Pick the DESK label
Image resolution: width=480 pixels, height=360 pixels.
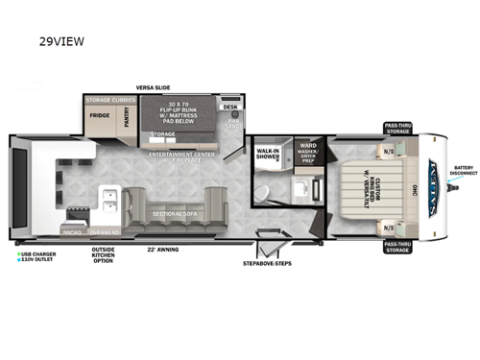[230, 107]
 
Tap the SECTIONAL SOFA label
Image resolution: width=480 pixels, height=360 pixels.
[175, 214]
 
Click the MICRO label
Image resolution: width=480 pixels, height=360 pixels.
[71, 231]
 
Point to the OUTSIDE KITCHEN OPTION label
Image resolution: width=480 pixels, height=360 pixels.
[103, 255]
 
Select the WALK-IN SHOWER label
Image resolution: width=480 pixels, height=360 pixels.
[268, 154]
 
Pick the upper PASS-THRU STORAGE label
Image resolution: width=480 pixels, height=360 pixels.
[398, 128]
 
